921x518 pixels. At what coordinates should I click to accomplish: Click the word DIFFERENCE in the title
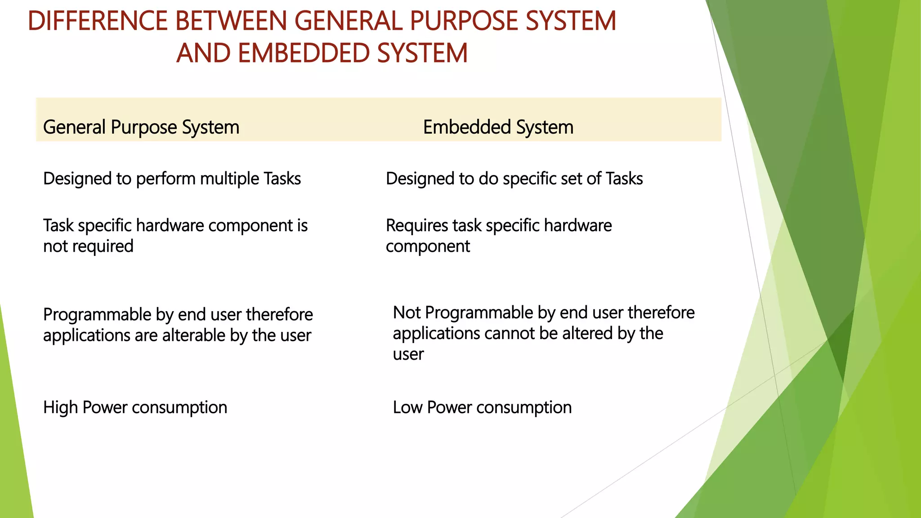coord(97,21)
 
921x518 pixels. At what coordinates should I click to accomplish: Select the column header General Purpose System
coord(141,127)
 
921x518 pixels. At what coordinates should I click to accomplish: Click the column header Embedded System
coord(498,127)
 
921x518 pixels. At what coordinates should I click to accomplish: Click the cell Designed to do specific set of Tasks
coord(514,179)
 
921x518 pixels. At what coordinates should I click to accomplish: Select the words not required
coord(88,246)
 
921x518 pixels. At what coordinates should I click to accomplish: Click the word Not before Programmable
coord(406,313)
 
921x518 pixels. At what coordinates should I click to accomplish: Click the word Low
coord(407,407)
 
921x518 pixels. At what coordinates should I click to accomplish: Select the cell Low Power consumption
coord(482,407)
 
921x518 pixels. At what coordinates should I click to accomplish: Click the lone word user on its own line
coord(408,354)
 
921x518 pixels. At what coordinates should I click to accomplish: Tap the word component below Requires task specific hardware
coord(427,246)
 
